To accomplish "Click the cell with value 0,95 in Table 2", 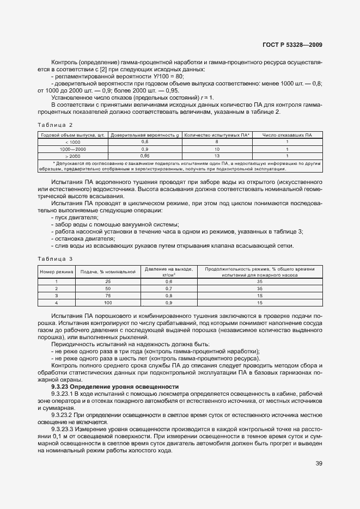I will point(145,156).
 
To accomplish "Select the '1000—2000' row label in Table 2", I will point(72,149).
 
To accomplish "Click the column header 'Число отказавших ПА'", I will point(286,135).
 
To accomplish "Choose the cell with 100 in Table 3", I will point(107,303).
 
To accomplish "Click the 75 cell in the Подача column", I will point(107,296).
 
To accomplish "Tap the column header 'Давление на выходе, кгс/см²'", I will point(168,271).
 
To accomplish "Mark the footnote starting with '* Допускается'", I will point(180,165).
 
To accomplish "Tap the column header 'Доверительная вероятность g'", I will point(145,135).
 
